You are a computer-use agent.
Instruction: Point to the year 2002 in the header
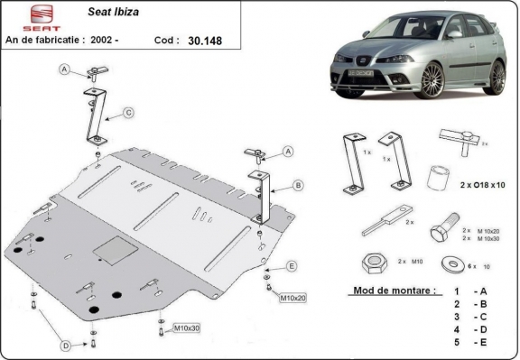130,40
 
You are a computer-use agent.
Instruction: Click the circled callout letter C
128,112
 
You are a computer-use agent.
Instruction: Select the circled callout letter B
297,186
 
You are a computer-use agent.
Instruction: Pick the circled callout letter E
292,265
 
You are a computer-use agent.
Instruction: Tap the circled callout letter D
66,346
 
